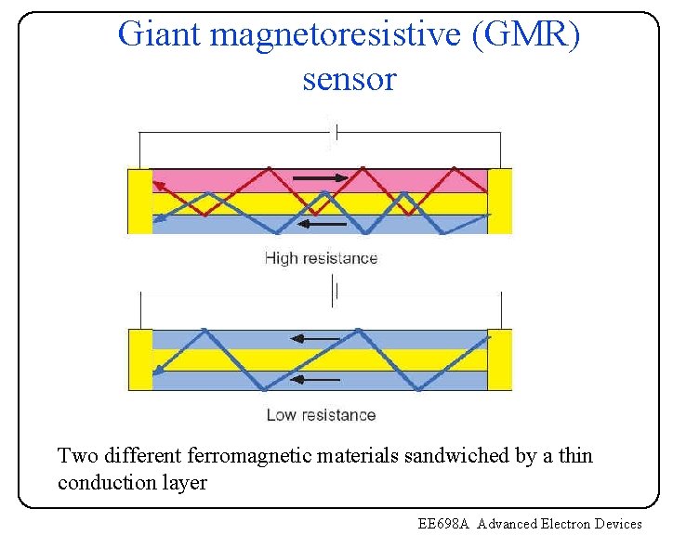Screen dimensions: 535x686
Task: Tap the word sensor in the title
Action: (349, 80)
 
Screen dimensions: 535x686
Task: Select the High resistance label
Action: (321, 258)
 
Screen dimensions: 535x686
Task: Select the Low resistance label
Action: (321, 414)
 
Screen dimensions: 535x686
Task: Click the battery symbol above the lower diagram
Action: (334, 292)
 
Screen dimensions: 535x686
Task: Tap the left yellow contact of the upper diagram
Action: (139, 200)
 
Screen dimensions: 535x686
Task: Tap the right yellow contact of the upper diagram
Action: (500, 200)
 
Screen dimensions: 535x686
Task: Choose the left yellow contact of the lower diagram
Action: (139, 359)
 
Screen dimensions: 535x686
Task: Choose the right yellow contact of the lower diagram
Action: (500, 359)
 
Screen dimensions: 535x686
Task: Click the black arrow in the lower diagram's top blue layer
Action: (316, 338)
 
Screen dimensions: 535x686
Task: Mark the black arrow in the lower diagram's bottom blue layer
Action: (316, 379)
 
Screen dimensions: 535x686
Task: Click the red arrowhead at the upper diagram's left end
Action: (159, 188)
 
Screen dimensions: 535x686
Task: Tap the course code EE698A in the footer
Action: (445, 524)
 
